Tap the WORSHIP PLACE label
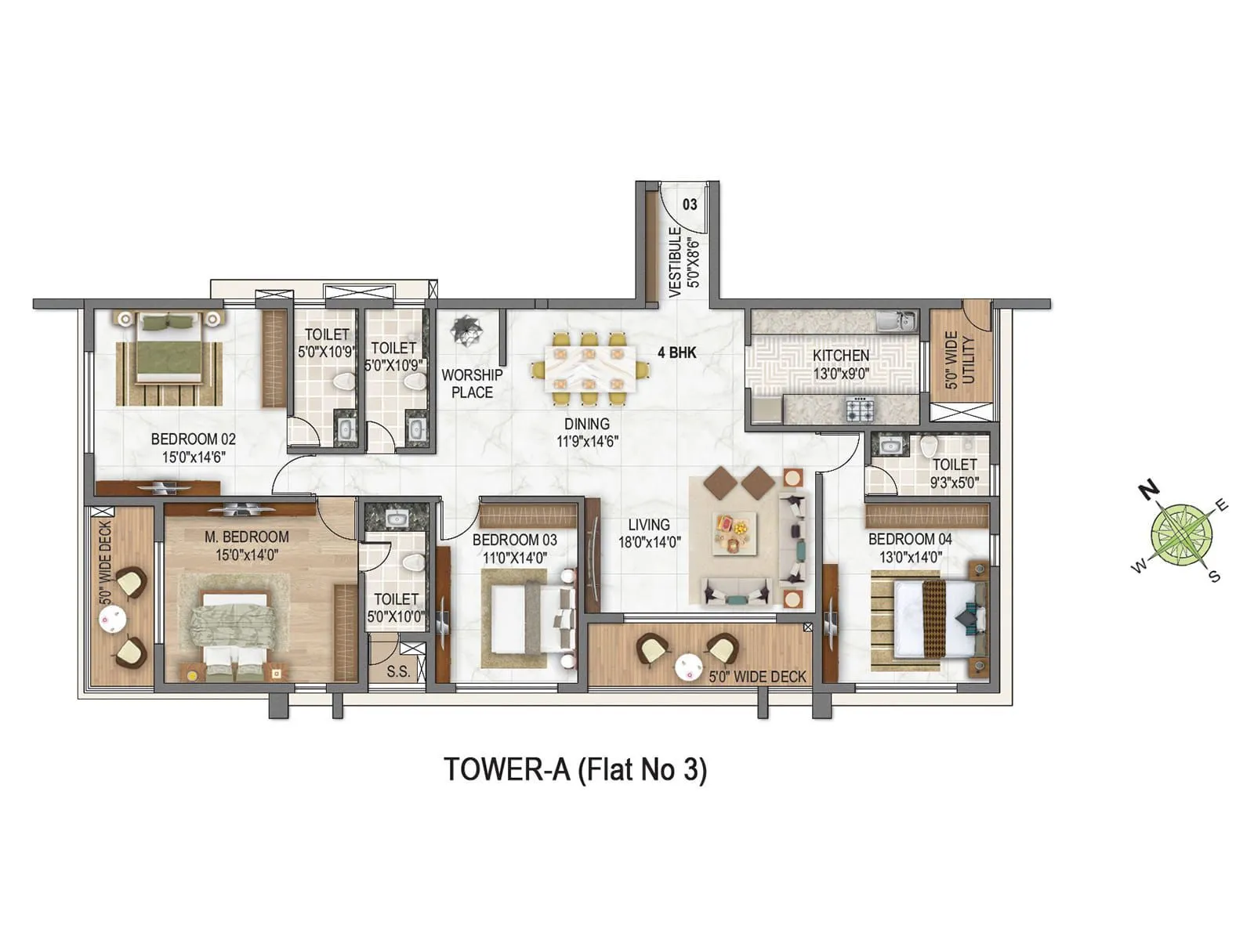click(472, 384)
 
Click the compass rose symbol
click(1181, 537)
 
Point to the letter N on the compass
click(1148, 491)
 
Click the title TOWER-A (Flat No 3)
click(575, 769)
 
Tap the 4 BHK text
click(676, 352)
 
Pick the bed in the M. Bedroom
click(232, 627)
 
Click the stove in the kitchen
click(859, 409)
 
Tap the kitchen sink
click(895, 320)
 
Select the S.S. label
click(398, 672)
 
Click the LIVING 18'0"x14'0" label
click(648, 533)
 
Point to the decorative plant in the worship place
click(469, 329)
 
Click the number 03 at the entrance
click(690, 204)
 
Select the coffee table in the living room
click(734, 533)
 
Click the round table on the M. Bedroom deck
click(112, 618)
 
